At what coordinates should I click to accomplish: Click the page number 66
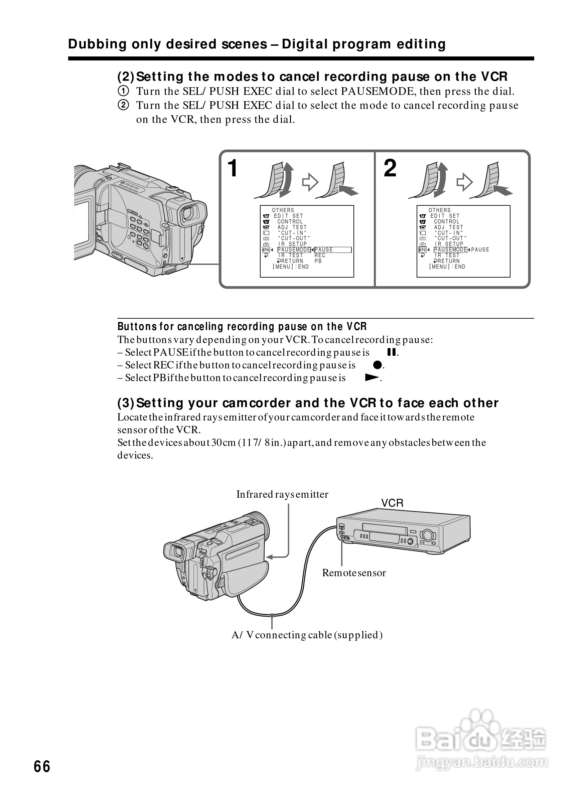tap(42, 766)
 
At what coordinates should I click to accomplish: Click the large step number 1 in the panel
tap(233, 168)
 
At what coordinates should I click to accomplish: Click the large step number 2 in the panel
tap(390, 168)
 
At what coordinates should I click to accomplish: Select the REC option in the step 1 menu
tap(320, 255)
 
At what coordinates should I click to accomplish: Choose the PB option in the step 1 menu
tap(318, 261)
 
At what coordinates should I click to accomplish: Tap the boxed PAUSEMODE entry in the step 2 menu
tap(450, 250)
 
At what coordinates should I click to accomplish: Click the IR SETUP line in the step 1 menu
tap(292, 244)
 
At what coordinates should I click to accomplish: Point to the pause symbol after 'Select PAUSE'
tap(391, 352)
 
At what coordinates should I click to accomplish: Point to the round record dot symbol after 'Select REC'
tap(378, 365)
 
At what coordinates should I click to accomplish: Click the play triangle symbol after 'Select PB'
tap(372, 377)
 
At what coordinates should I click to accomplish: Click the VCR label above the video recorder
tap(392, 503)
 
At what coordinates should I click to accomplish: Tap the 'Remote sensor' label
tap(354, 573)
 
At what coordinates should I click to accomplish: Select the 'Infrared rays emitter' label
tap(282, 494)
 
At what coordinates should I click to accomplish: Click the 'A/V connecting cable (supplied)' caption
tap(307, 635)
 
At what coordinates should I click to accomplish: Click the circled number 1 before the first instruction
tap(123, 91)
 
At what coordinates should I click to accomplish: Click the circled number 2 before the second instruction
tap(123, 105)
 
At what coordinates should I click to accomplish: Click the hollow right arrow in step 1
tap(310, 182)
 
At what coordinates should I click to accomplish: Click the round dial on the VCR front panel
tap(427, 535)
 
